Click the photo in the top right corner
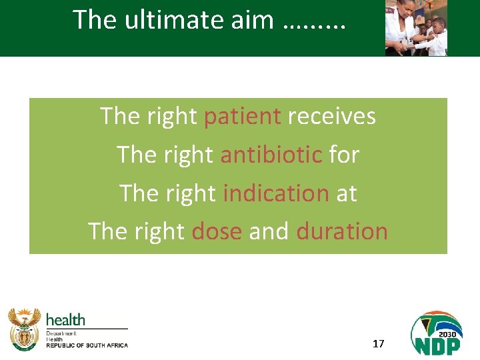tap(416, 28)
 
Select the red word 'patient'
tap(242, 117)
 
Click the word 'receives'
tap(331, 117)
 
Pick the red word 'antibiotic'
tap(271, 155)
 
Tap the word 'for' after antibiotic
tap(344, 155)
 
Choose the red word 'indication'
tap(275, 193)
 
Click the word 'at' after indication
tap(347, 193)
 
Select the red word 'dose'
tap(216, 231)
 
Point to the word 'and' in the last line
tap(269, 231)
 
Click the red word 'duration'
tap(342, 231)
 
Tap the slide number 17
tap(378, 344)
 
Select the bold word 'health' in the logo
tap(65, 320)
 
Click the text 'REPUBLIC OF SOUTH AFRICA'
tap(87, 345)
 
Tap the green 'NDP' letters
tap(437, 345)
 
